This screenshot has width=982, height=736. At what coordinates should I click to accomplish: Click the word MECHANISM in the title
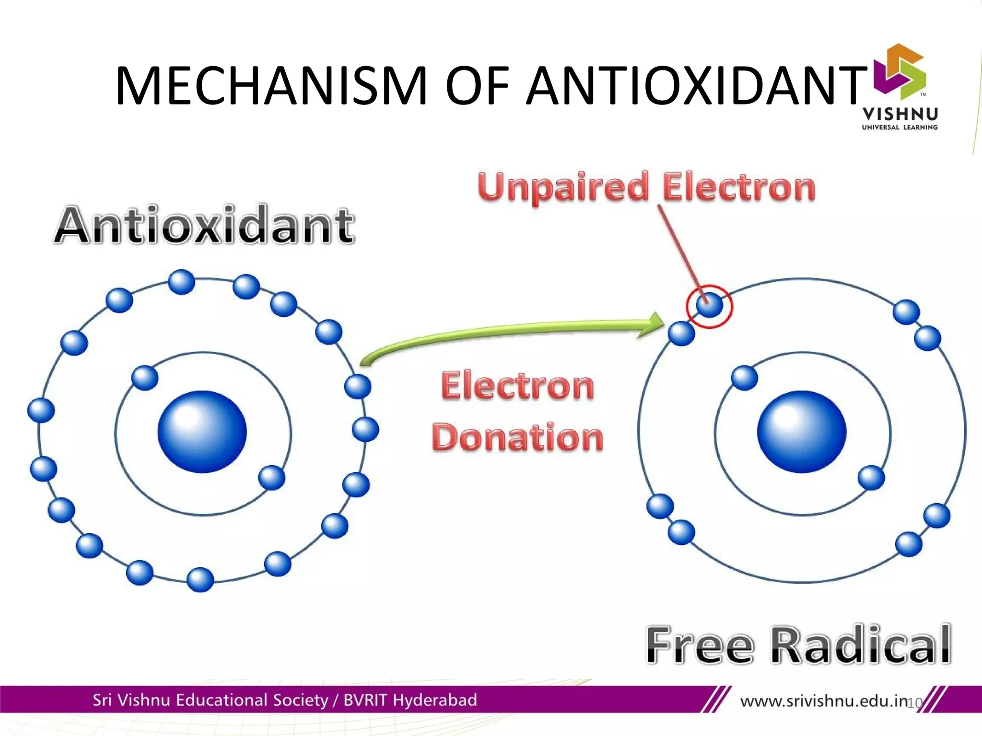pyautogui.click(x=271, y=86)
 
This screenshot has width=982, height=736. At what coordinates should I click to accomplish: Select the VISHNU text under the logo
pyautogui.click(x=900, y=114)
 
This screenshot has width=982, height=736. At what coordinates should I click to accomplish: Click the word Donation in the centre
pyautogui.click(x=517, y=437)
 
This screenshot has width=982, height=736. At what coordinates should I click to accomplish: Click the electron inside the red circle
pyautogui.click(x=709, y=305)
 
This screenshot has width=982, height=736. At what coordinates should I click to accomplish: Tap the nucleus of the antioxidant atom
pyautogui.click(x=202, y=431)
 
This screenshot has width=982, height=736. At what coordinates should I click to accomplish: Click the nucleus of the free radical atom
pyautogui.click(x=802, y=431)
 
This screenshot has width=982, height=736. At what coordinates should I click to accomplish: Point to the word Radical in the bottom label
pyautogui.click(x=861, y=645)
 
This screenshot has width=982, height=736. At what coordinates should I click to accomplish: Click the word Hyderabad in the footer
pyautogui.click(x=435, y=700)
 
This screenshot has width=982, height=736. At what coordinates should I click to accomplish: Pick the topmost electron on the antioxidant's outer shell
pyautogui.click(x=182, y=282)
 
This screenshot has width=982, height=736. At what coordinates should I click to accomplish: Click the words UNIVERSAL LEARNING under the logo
pyautogui.click(x=900, y=127)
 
